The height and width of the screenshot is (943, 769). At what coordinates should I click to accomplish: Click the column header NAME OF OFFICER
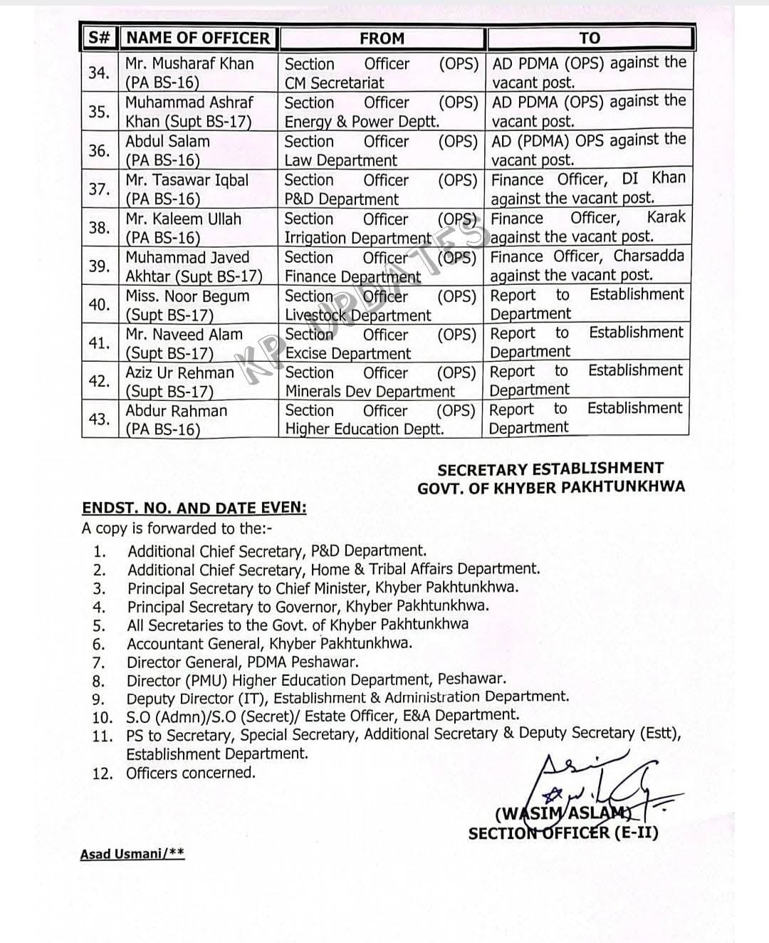click(x=199, y=38)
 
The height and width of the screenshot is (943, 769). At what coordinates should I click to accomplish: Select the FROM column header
click(x=382, y=38)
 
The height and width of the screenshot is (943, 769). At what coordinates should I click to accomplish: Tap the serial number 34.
click(x=99, y=73)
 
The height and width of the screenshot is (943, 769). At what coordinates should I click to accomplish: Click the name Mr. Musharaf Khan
click(x=189, y=63)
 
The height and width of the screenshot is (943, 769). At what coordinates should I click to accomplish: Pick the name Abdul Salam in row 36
click(x=167, y=141)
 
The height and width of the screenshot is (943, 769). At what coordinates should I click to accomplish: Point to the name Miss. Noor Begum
click(x=187, y=296)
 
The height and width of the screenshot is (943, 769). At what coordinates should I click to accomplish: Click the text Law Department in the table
click(x=340, y=161)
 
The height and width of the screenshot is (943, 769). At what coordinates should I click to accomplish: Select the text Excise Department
click(x=348, y=353)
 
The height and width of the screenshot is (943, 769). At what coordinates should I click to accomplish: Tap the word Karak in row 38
click(x=666, y=217)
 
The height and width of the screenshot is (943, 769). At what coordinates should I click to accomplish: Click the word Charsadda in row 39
click(x=649, y=256)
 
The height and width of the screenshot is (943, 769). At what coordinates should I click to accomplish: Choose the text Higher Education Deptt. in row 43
click(x=365, y=429)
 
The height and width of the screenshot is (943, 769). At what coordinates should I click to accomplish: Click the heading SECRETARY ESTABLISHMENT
click(x=550, y=469)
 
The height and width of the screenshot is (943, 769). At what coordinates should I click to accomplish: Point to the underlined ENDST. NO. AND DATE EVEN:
click(x=194, y=509)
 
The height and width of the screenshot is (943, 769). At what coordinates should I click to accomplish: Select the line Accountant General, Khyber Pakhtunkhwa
click(x=269, y=644)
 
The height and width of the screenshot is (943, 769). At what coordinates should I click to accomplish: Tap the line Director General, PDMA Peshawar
click(x=242, y=662)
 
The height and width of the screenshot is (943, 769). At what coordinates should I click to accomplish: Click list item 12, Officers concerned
click(x=190, y=773)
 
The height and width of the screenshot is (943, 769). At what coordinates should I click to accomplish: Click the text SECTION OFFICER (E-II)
click(x=563, y=833)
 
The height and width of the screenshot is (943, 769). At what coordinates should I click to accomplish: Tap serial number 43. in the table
click(x=99, y=419)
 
